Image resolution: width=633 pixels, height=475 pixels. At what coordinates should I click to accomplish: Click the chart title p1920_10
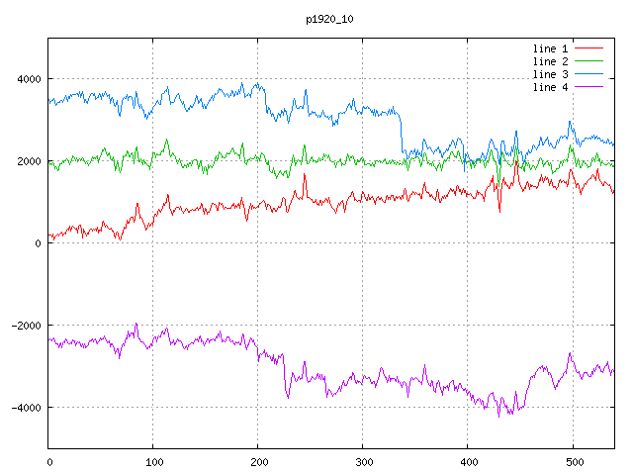(x=329, y=19)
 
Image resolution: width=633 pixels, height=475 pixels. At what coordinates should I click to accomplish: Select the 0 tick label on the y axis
(x=38, y=243)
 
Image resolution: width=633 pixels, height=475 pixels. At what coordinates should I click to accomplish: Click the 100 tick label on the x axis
(x=153, y=461)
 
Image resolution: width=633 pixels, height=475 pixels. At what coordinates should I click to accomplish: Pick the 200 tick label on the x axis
(x=258, y=461)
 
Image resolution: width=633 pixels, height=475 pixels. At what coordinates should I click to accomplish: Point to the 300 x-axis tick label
(x=363, y=461)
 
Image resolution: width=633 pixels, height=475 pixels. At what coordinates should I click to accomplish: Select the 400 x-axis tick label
(x=468, y=461)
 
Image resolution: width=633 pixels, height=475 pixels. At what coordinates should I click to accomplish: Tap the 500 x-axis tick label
(x=573, y=461)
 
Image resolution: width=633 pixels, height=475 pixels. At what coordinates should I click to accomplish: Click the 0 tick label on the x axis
(x=49, y=461)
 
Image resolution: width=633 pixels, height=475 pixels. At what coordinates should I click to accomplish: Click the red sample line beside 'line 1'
(x=589, y=47)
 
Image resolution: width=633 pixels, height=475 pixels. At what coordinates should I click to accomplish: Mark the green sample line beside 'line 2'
(x=589, y=61)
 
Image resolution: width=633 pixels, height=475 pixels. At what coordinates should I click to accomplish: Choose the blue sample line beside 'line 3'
(x=589, y=74)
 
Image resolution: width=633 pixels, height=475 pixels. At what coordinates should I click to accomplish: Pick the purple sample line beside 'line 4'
(x=589, y=87)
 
